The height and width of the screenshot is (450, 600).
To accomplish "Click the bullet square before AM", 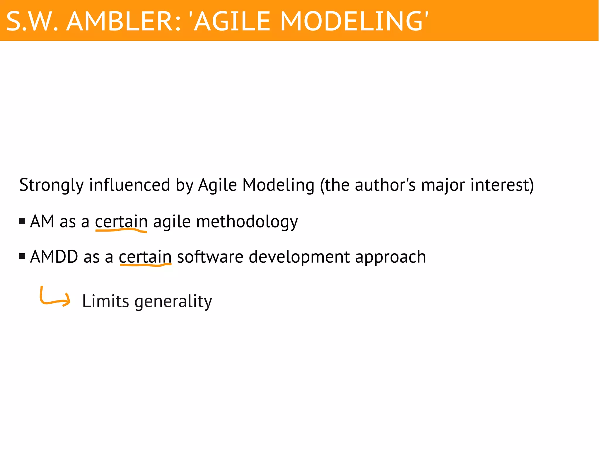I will [x=22, y=221].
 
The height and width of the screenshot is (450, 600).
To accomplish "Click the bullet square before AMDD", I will [x=22, y=257].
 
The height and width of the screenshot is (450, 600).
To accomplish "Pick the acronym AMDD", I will [x=54, y=257].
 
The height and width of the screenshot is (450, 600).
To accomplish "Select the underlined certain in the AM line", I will [x=121, y=222].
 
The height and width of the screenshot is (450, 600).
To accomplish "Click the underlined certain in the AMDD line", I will [x=145, y=257].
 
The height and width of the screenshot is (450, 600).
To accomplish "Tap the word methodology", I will [x=247, y=222].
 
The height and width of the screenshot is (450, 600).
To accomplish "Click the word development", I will [x=299, y=257].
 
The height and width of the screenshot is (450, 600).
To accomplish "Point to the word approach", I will [x=390, y=257].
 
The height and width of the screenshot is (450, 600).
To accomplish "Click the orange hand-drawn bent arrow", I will [x=54, y=297].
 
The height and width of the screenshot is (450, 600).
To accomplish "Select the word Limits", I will [x=105, y=301].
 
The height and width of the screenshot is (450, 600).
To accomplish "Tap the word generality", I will [x=173, y=302].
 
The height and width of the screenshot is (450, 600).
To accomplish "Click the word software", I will [x=210, y=257].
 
